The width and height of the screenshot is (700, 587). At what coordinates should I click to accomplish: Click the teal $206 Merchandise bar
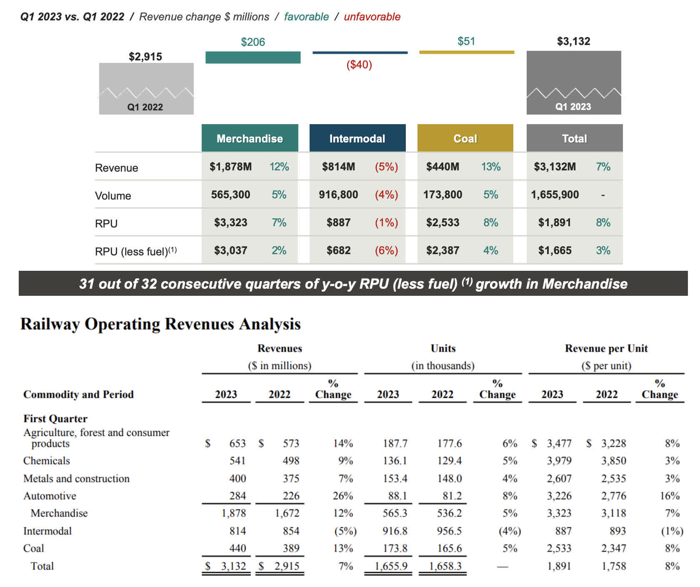(253, 57)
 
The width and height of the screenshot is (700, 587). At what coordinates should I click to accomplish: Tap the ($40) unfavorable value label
(359, 65)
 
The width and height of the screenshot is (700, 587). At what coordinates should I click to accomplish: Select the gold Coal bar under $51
(467, 52)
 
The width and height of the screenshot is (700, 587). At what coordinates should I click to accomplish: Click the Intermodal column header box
(357, 138)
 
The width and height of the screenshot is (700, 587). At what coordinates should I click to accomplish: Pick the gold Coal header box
(465, 138)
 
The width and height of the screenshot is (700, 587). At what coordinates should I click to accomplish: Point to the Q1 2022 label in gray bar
(145, 107)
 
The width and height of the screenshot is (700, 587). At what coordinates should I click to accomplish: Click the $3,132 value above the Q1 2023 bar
(573, 41)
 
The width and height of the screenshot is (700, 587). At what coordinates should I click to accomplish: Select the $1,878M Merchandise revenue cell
(230, 167)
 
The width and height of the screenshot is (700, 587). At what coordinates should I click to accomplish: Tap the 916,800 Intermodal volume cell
(338, 195)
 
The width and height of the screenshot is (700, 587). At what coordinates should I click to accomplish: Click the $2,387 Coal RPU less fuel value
(442, 250)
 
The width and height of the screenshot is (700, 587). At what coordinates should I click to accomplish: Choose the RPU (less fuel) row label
(136, 251)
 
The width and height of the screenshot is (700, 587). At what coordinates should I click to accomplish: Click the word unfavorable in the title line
(372, 17)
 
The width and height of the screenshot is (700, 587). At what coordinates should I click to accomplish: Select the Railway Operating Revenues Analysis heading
(160, 324)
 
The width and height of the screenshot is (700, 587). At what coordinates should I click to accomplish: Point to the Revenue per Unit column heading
(606, 348)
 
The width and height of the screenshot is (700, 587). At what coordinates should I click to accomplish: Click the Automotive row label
(50, 496)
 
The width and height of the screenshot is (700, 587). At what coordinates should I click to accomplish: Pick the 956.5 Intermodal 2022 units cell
(449, 531)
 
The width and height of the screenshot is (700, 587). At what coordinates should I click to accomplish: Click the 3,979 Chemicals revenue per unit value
(559, 461)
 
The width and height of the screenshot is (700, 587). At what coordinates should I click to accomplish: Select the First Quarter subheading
(55, 418)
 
